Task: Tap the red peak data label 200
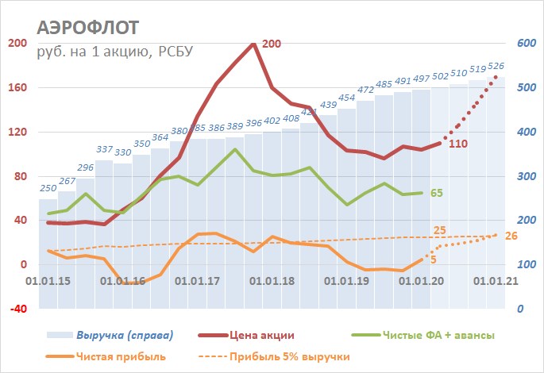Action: pos(272,44)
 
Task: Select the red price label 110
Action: pos(457,144)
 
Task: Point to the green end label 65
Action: pos(436,193)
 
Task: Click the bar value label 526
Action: pos(496,67)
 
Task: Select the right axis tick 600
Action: pos(526,43)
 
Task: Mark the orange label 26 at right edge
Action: pos(511,236)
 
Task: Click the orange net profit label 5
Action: pos(434,260)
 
